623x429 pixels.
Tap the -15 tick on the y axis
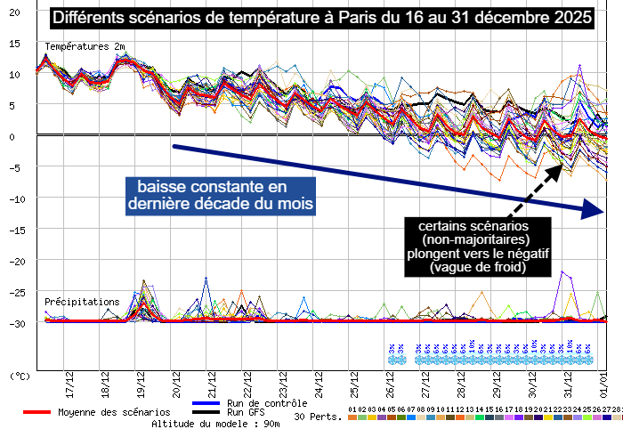(x=12, y=230)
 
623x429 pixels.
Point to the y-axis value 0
(x=12, y=136)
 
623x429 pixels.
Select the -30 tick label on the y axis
(x=12, y=323)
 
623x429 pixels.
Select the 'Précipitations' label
(x=82, y=302)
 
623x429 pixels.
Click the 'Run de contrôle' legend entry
(x=268, y=403)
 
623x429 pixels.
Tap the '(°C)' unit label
(x=19, y=376)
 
